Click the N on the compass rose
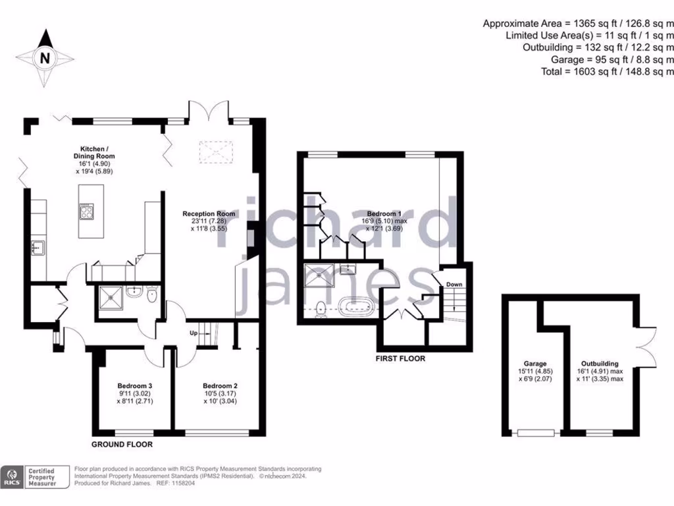coord(45,58)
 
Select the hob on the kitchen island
coord(86,212)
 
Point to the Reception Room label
coord(209,213)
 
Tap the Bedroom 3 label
coord(135,386)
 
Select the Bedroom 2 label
coord(220,386)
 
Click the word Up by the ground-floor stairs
coord(194,333)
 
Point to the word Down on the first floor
coord(455,285)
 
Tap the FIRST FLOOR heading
coord(400,359)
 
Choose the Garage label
coord(535,363)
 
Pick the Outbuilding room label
coord(600,363)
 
